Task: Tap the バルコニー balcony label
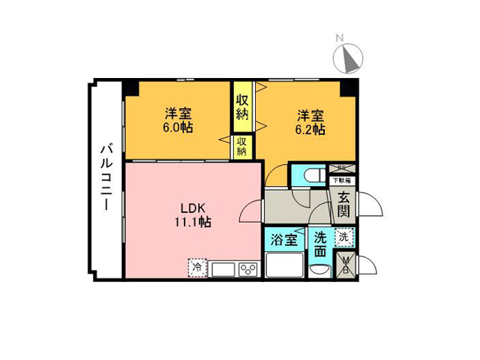pos(106,178)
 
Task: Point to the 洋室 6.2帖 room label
pos(310,121)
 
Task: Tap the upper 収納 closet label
pos(242,107)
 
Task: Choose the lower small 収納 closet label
pos(242,145)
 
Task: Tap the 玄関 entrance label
pos(343,204)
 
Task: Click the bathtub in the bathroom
pos(283,265)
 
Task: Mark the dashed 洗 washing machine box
pos(343,237)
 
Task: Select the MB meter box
pos(346,264)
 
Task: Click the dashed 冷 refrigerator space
pos(197,267)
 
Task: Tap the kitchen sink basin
pos(223,269)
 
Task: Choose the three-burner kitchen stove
pos(248,269)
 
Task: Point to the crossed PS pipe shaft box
pos(342,168)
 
